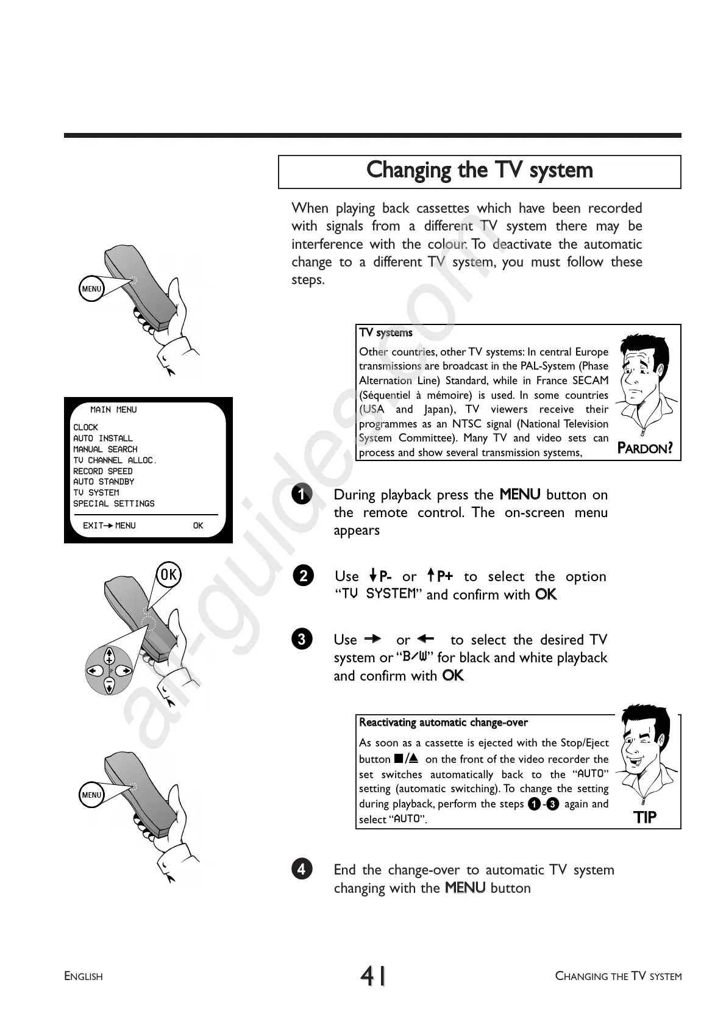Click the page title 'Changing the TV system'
coord(479,170)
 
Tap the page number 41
coord(373,976)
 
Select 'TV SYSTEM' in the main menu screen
coord(96,493)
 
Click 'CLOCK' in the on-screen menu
coord(85,428)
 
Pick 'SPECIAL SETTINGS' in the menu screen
coord(114,504)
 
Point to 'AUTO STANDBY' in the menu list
coord(104,482)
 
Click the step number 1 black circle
coord(301,495)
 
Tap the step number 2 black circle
coord(303,576)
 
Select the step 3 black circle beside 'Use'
coord(302,639)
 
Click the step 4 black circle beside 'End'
coord(302,868)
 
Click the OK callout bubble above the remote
coord(168,574)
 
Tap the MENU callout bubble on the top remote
coord(91,288)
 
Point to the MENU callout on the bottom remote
coord(91,795)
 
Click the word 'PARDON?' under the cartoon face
coord(645,449)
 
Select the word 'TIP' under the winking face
coord(645,817)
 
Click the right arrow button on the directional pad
coord(126,671)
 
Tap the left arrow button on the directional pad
coord(93,671)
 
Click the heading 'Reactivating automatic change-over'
coord(443,723)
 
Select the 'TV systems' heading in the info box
coord(386,333)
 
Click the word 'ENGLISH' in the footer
coord(84,976)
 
